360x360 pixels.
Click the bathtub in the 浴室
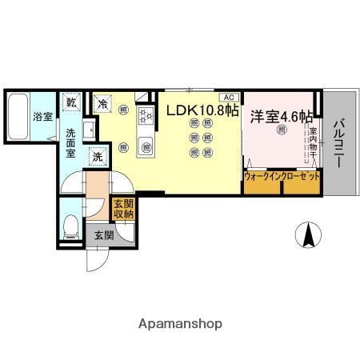point(18,117)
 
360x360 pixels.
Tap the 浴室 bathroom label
point(42,117)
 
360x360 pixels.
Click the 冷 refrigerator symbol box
point(102,102)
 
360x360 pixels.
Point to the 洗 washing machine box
point(97,157)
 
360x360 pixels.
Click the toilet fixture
point(70,225)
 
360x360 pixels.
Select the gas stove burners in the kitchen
point(146,117)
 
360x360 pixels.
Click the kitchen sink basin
point(146,146)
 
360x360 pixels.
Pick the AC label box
point(229,95)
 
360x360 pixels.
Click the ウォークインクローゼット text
point(282,175)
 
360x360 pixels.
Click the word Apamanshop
point(180,324)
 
